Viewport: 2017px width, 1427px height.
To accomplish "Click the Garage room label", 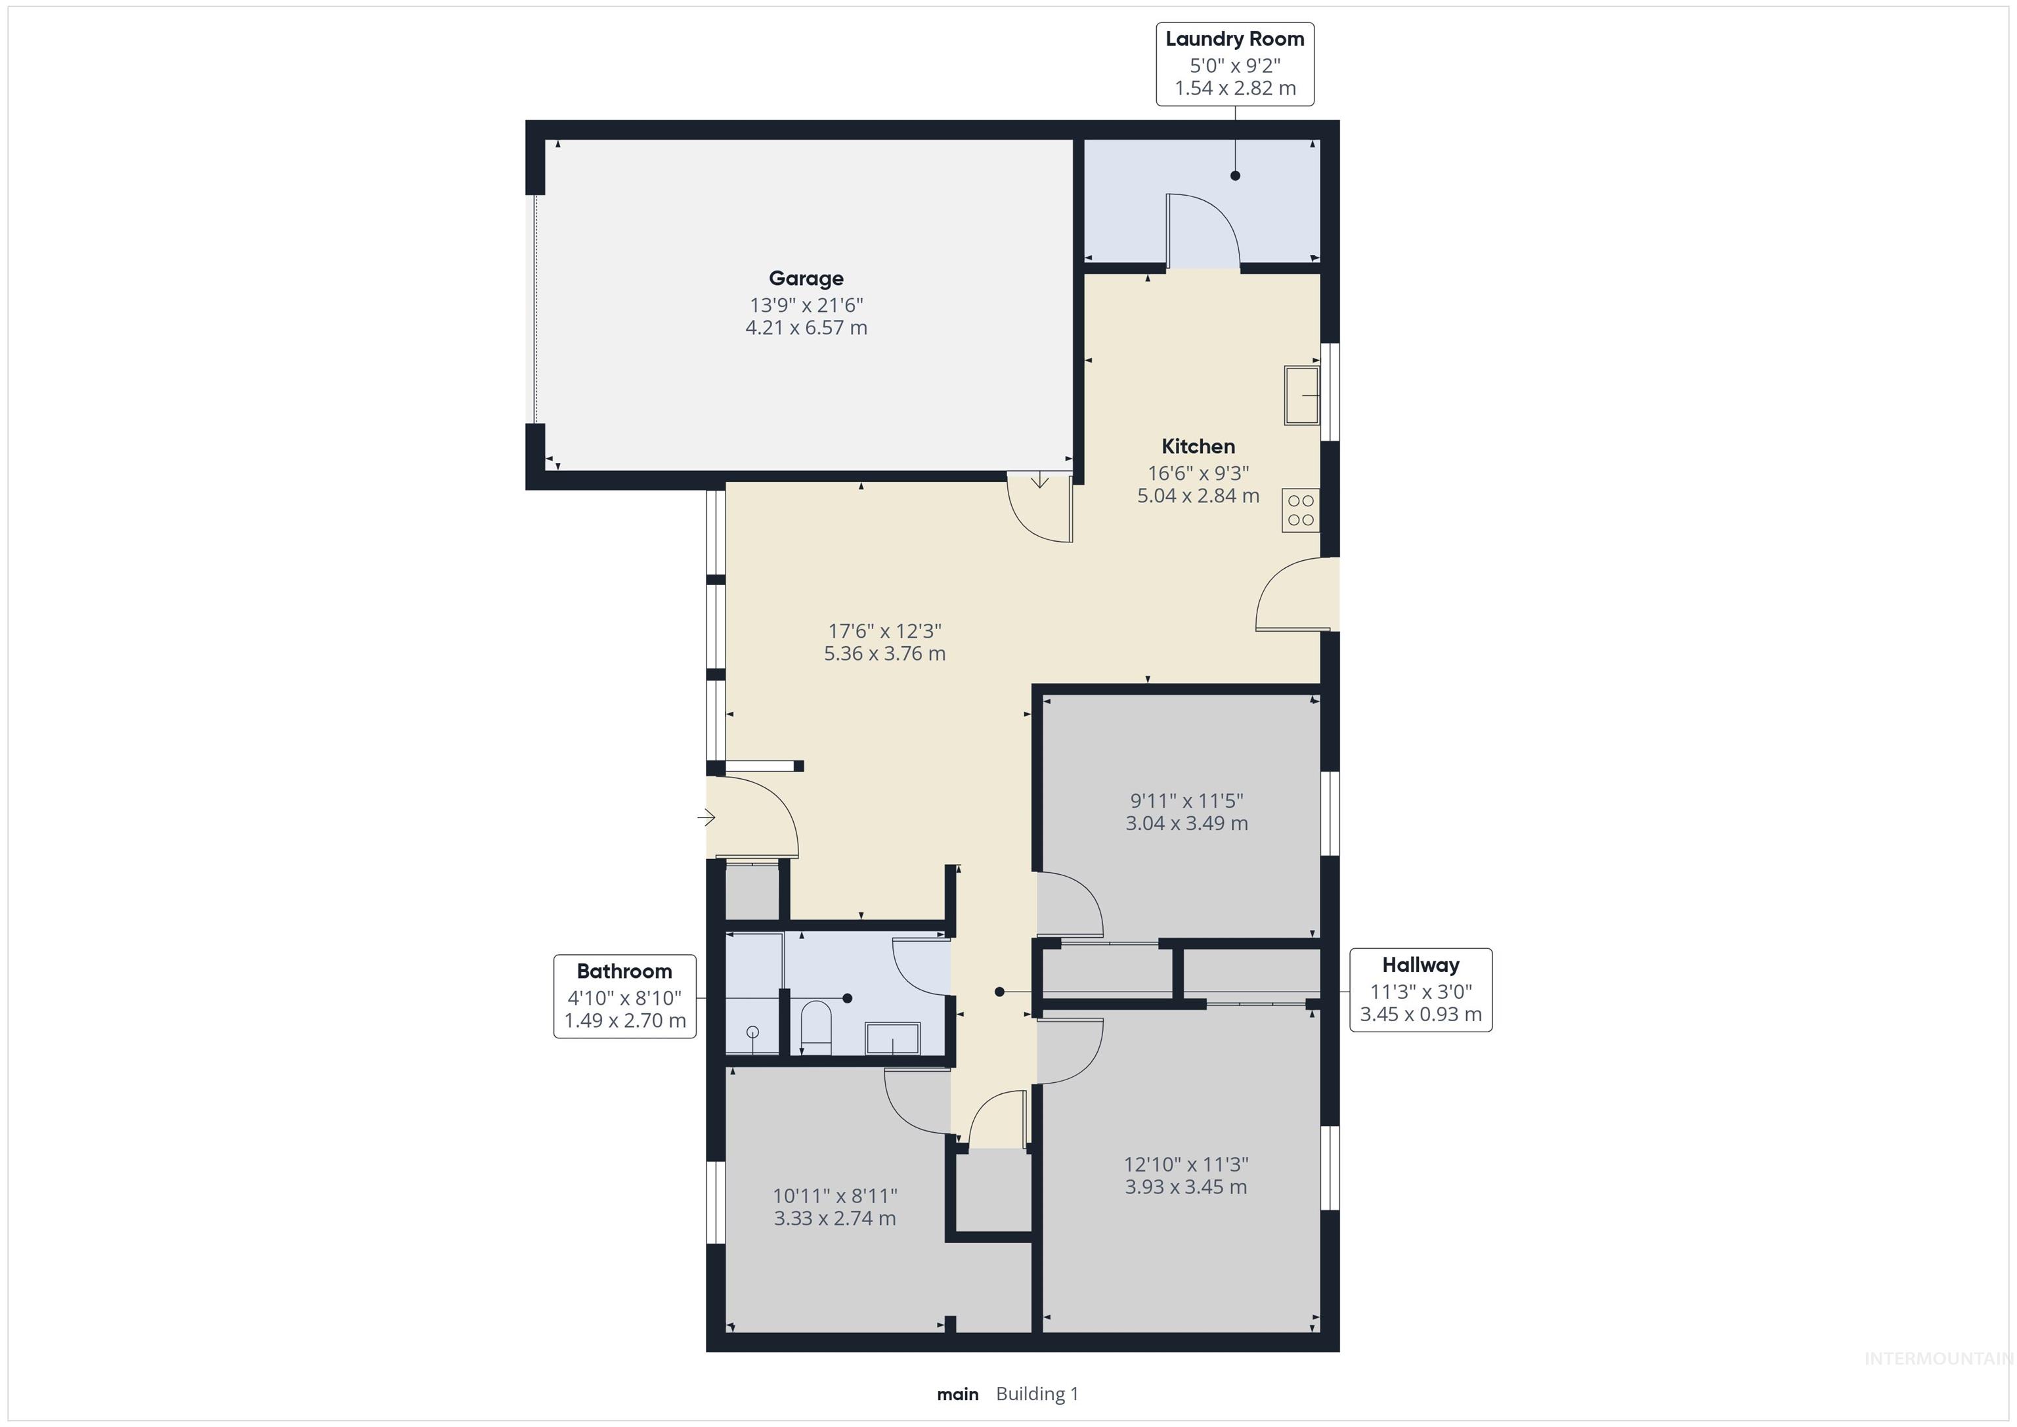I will (x=806, y=278).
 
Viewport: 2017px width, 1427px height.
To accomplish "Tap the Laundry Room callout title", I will (x=1234, y=39).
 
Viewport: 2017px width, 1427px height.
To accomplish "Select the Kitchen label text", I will (x=1198, y=447).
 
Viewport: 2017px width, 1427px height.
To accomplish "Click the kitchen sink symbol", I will (x=1301, y=396).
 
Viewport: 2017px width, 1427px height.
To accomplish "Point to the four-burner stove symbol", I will (x=1300, y=510).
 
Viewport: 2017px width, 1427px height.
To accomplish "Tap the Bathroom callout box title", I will (x=624, y=972).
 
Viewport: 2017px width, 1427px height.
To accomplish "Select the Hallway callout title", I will (x=1420, y=965).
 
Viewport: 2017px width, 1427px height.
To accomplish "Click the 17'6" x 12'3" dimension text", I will (x=884, y=631).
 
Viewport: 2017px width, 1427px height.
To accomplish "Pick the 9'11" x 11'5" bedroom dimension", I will (x=1186, y=801).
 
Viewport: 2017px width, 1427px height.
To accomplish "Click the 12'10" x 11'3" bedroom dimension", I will (x=1186, y=1164).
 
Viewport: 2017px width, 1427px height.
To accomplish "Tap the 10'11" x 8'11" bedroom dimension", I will (x=835, y=1196).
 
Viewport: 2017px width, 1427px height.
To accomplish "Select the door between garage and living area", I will (x=1039, y=510).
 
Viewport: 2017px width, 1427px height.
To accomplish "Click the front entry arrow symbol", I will (x=706, y=818).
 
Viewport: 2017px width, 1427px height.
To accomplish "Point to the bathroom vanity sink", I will (x=892, y=1039).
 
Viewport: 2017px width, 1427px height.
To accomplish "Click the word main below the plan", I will (x=957, y=1394).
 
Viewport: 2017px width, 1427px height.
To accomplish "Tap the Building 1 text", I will (x=1037, y=1394).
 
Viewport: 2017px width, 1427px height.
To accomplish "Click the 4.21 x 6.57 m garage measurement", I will (x=806, y=328).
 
